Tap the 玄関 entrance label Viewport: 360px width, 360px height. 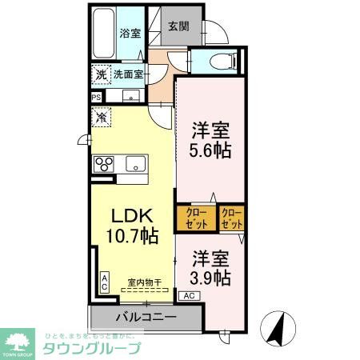178,26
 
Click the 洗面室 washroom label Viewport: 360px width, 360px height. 127,74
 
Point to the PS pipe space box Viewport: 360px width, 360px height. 97,98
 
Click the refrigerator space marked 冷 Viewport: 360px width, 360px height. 102,117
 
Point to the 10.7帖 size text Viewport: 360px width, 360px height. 126,236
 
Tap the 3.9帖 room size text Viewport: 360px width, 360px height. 211,278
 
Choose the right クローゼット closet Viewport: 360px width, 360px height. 232,217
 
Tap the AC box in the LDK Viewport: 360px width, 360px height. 105,281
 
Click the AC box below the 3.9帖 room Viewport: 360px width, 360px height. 190,296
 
